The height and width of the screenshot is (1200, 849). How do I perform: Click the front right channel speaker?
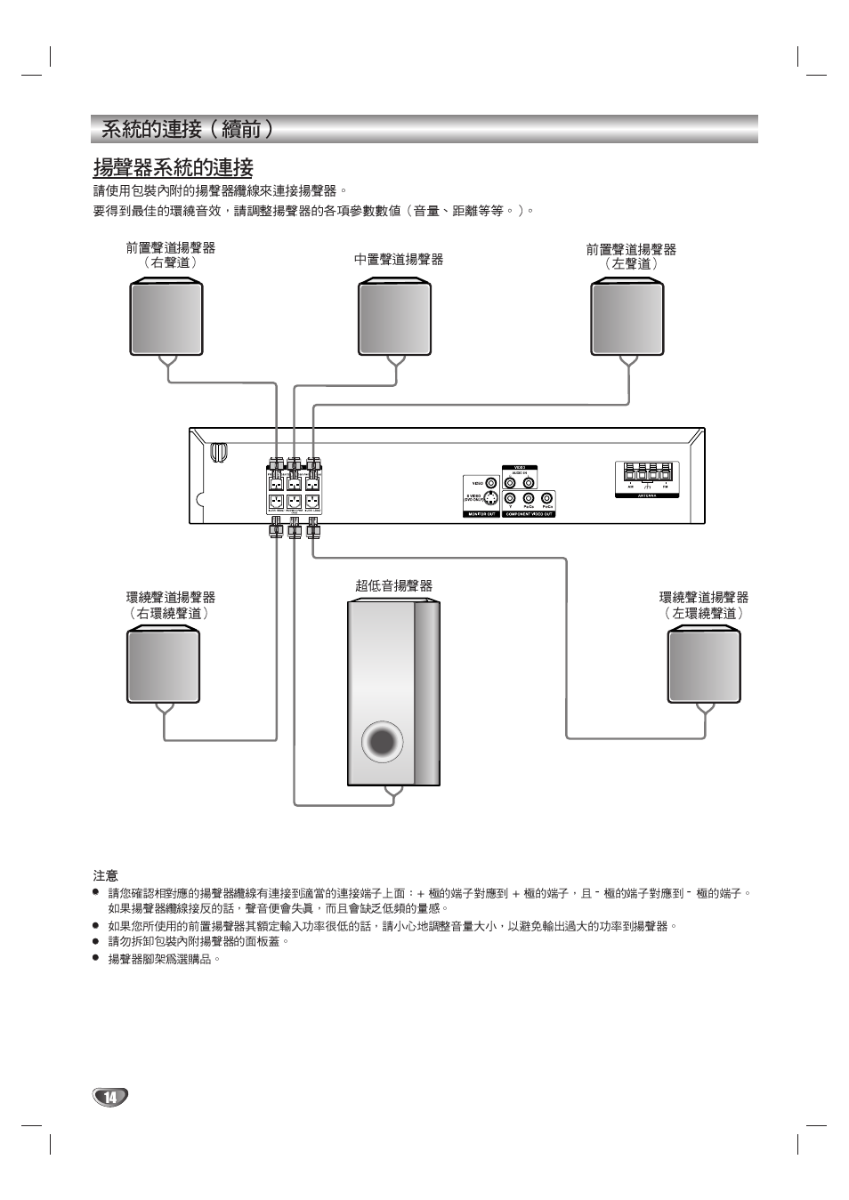pyautogui.click(x=166, y=318)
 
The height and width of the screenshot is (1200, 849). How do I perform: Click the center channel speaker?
pyautogui.click(x=394, y=318)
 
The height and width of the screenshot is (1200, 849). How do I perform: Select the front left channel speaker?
pyautogui.click(x=627, y=318)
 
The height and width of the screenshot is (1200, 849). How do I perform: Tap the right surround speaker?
pyautogui.click(x=163, y=665)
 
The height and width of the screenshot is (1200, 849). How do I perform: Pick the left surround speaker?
pyautogui.click(x=704, y=665)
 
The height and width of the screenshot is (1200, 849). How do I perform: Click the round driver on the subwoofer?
pyautogui.click(x=383, y=741)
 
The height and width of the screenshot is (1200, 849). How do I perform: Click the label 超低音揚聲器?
pyautogui.click(x=393, y=585)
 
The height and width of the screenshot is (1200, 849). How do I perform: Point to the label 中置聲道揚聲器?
pyautogui.click(x=398, y=260)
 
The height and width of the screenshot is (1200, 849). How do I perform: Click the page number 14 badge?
pyautogui.click(x=110, y=1097)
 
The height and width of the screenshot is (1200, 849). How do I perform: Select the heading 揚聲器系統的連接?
pyautogui.click(x=174, y=167)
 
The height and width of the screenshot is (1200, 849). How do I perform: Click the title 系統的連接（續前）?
pyautogui.click(x=187, y=129)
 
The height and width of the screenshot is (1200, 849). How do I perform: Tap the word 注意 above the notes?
pyautogui.click(x=105, y=875)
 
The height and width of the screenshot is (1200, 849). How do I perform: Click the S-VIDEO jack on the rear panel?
pyautogui.click(x=490, y=498)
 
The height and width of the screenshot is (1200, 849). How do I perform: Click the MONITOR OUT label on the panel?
pyautogui.click(x=481, y=514)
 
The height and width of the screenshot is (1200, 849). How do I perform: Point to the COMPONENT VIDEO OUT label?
pyautogui.click(x=529, y=514)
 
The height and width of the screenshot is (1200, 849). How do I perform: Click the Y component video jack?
pyautogui.click(x=510, y=498)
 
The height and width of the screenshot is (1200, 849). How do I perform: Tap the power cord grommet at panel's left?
pyautogui.click(x=218, y=452)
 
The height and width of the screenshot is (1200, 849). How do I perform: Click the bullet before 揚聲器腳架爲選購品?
pyautogui.click(x=96, y=958)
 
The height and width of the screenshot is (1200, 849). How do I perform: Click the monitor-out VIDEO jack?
pyautogui.click(x=490, y=483)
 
